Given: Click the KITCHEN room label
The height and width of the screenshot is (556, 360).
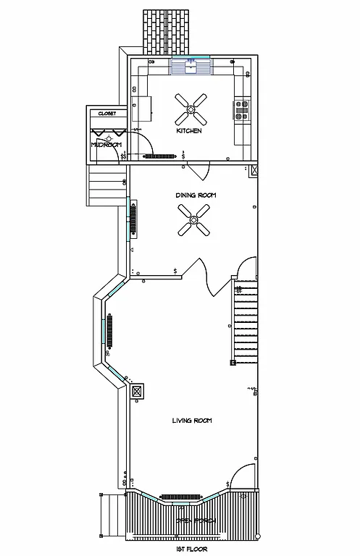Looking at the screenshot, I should tap(189, 131).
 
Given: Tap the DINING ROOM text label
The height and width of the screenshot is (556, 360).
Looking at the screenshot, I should tap(196, 195).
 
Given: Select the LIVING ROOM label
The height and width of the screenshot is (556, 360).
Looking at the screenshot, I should tap(191, 421).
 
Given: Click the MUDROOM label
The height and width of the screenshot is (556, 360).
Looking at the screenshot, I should tap(105, 145).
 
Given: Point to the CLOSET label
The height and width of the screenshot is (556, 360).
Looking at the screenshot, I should tap(107, 114).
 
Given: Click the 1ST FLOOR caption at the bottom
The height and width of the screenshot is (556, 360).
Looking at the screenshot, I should tap(191, 549).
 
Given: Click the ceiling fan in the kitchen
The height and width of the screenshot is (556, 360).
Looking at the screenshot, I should tap(191, 110).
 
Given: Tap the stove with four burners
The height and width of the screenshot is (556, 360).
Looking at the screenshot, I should tap(242, 109).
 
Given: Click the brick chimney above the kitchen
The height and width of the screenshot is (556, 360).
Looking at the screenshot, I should tap(169, 31).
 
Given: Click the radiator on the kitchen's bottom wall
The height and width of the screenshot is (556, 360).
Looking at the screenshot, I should tap(159, 156).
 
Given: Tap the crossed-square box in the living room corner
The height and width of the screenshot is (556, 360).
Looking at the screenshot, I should tap(136, 390).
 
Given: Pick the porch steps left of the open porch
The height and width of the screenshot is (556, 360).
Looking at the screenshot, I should tap(111, 515).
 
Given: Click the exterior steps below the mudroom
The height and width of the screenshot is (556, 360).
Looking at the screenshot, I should tap(102, 185).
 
